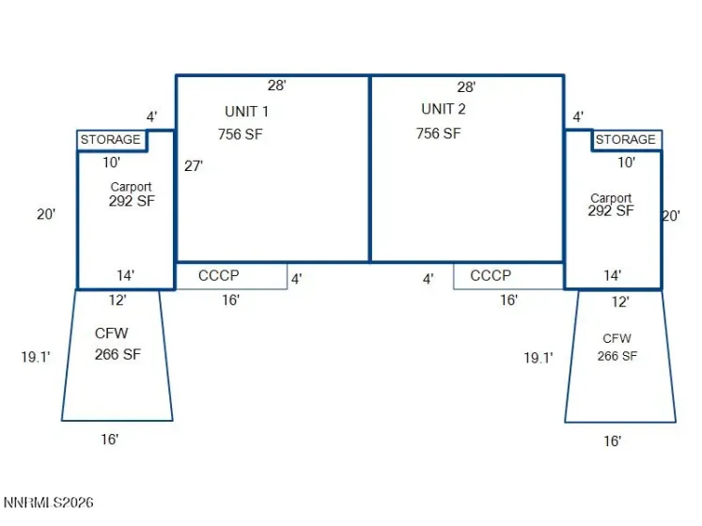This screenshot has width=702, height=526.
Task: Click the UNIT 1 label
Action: [x=246, y=112]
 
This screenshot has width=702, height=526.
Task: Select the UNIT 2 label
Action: [x=444, y=109]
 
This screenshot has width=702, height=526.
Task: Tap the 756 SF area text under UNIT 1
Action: [x=241, y=134]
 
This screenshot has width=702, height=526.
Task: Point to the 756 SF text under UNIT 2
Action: [x=438, y=133]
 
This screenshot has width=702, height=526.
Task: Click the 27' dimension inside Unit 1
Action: [x=194, y=166]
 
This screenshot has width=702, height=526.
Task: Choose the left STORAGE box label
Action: [x=111, y=140]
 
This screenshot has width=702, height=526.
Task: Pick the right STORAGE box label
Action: [x=626, y=140]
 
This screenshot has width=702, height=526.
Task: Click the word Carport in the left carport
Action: [x=132, y=187]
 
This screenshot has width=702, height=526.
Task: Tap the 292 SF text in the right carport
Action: [x=611, y=210]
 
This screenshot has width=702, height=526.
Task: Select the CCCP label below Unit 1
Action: [x=218, y=275]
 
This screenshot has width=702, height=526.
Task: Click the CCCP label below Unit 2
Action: [x=491, y=275]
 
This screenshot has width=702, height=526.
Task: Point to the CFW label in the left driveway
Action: [x=112, y=333]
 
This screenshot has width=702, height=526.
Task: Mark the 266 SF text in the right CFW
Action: [x=616, y=356]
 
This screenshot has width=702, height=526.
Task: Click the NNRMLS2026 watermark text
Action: [x=48, y=503]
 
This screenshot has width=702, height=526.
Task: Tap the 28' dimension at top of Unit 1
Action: [x=277, y=85]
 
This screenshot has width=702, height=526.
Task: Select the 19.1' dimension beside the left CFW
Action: [x=36, y=357]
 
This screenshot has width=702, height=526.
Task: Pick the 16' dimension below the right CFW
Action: [x=613, y=441]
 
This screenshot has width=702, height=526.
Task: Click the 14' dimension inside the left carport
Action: [x=126, y=275]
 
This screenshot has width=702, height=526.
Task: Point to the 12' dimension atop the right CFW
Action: [x=620, y=302]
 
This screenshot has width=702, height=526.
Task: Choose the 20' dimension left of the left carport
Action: [x=46, y=214]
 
